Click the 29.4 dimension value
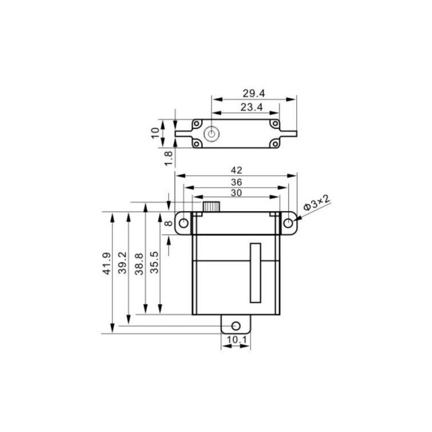click(x=254, y=93)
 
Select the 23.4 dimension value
click(x=252, y=107)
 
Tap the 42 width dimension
click(x=236, y=170)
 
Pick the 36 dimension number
click(x=236, y=182)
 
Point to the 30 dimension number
click(x=236, y=193)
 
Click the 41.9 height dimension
click(x=107, y=264)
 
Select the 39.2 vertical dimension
click(x=122, y=262)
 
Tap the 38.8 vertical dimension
click(x=139, y=264)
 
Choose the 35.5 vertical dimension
click(x=154, y=262)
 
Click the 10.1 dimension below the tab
click(x=236, y=339)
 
